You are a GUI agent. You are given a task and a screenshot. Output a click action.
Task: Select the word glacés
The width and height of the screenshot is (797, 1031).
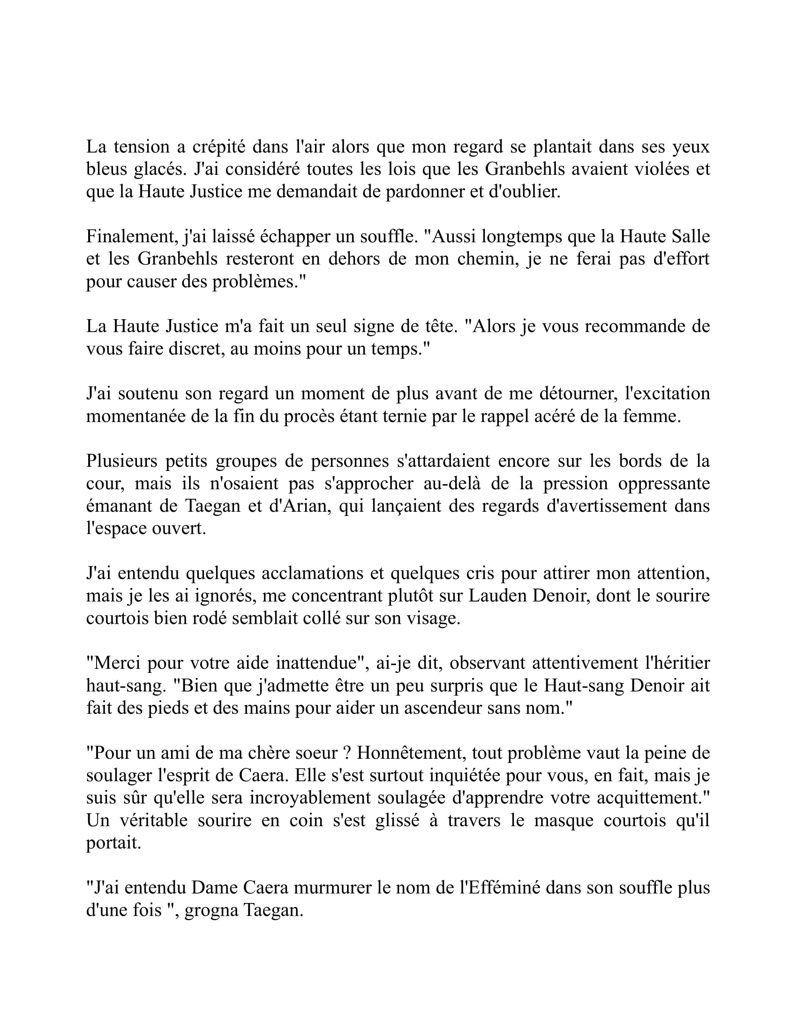[156, 169]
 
